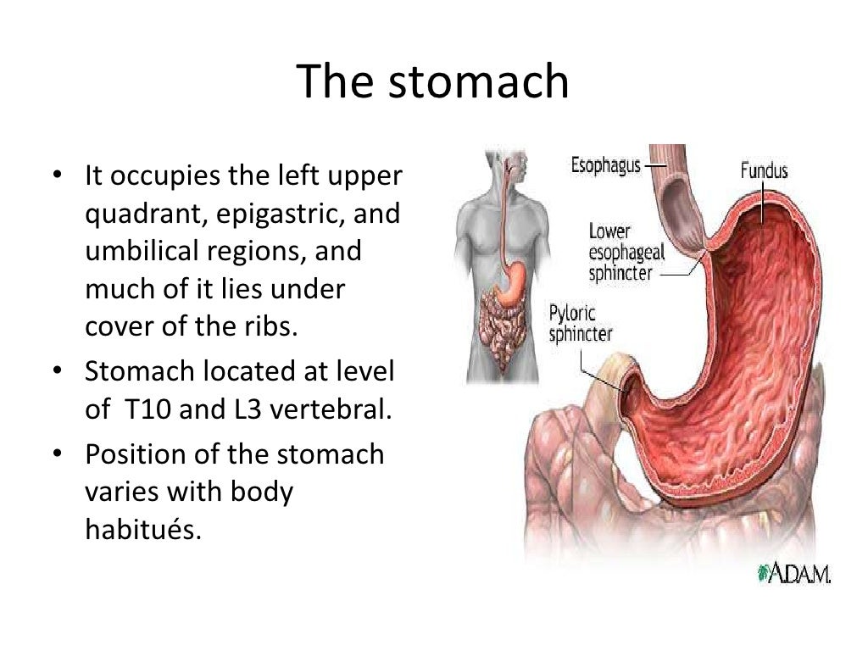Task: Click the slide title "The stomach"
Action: coord(433,82)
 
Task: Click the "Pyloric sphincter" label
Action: coord(581,322)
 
